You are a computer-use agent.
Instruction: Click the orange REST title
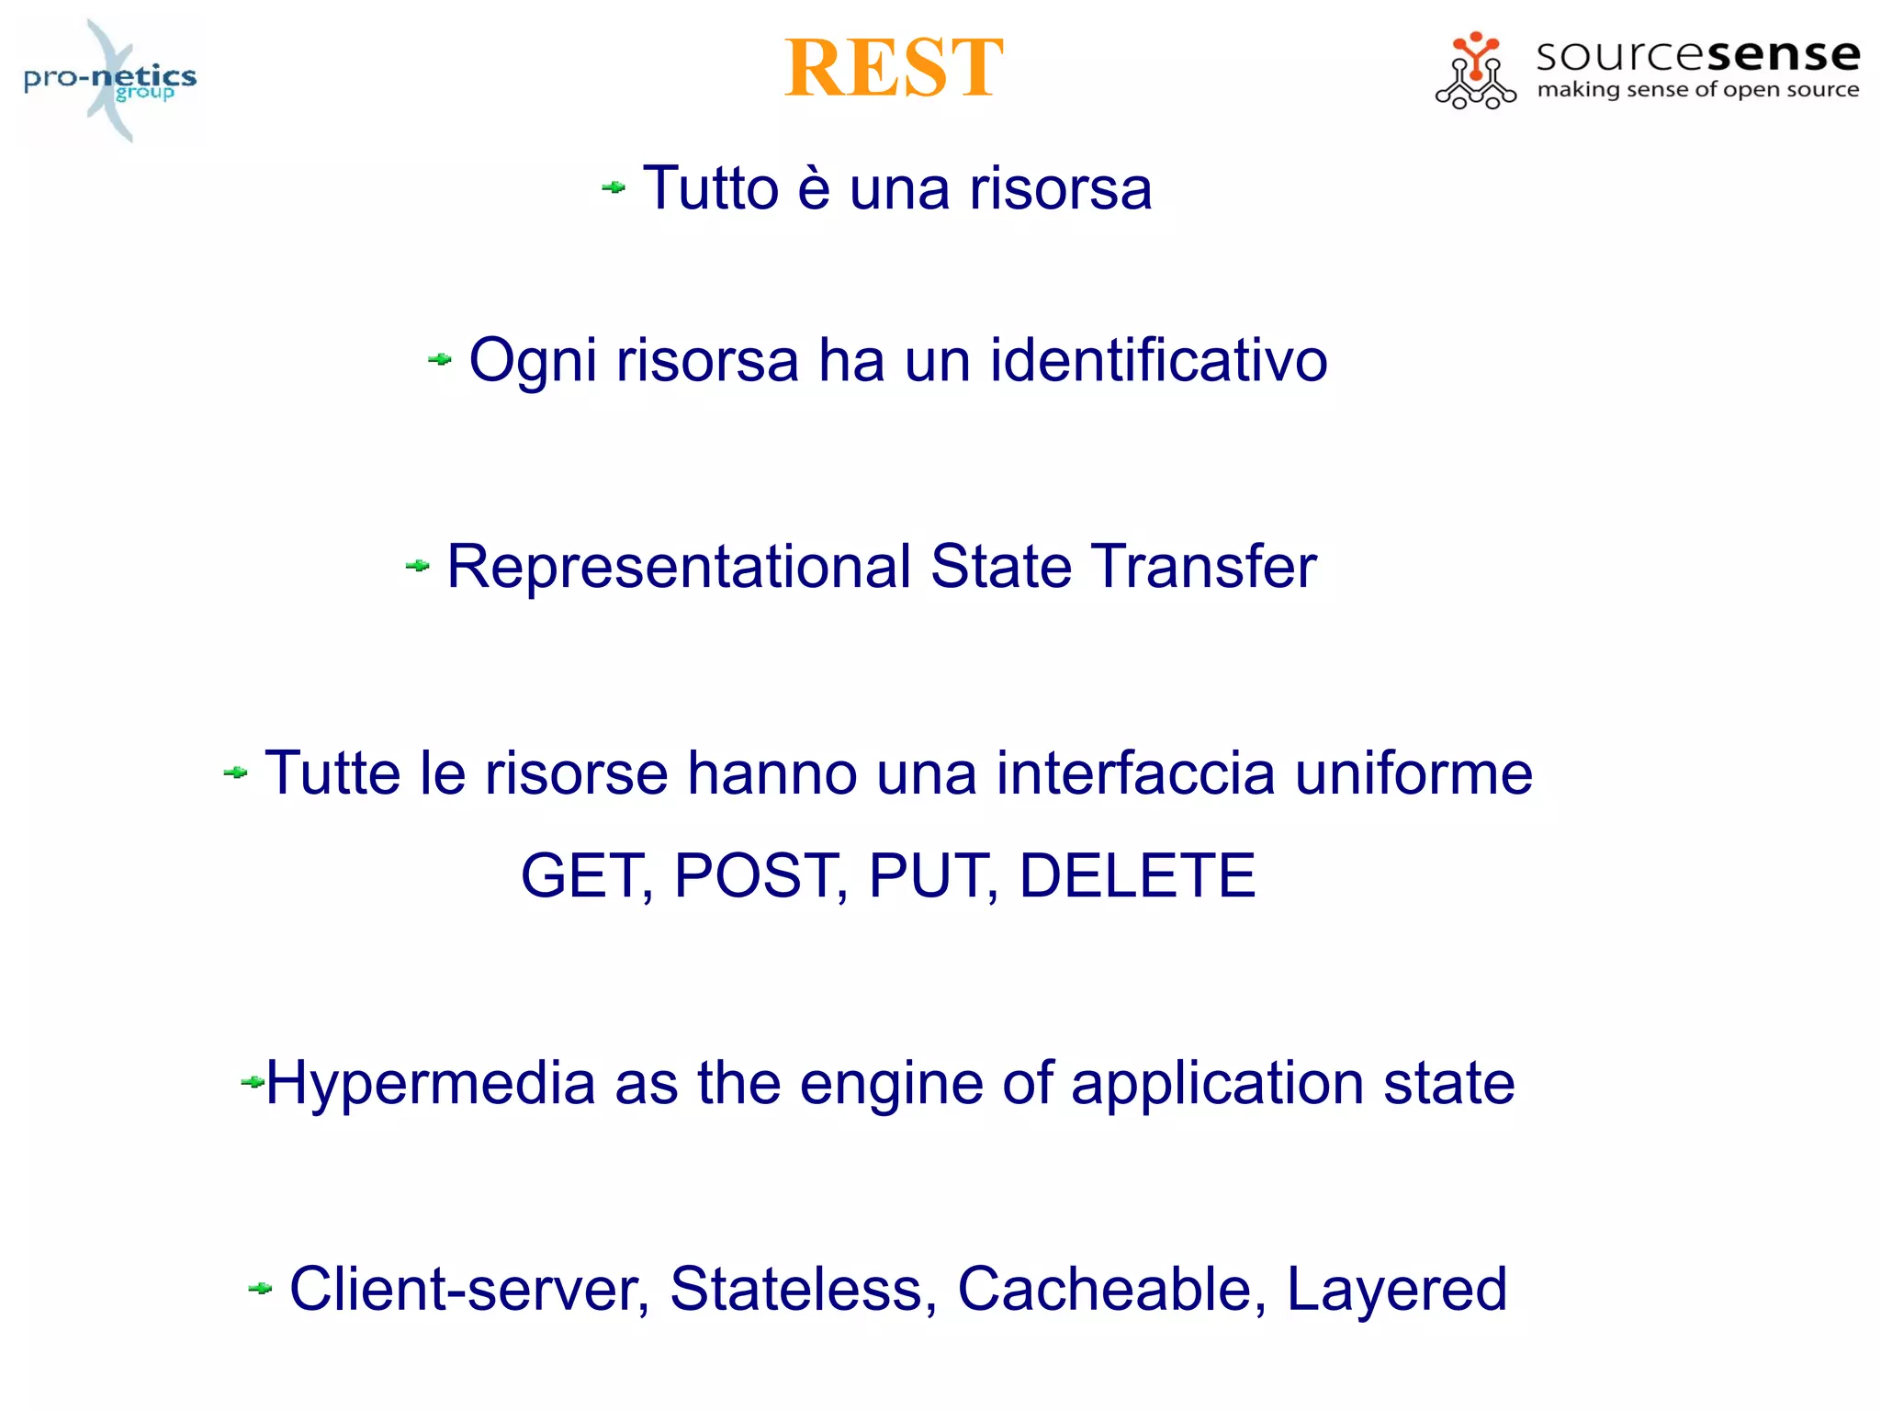(x=894, y=68)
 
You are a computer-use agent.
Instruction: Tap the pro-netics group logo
(x=110, y=81)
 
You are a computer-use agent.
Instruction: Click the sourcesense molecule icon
(x=1476, y=72)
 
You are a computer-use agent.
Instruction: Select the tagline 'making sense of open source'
(x=1697, y=90)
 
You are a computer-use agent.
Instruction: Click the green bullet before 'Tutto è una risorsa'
(x=614, y=188)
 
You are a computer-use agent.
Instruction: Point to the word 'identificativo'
(x=1158, y=360)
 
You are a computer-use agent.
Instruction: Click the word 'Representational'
(x=679, y=567)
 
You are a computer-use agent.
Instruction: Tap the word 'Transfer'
(x=1203, y=567)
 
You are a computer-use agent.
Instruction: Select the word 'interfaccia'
(x=1135, y=773)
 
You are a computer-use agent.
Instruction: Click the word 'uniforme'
(x=1414, y=773)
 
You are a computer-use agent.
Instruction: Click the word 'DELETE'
(x=1137, y=875)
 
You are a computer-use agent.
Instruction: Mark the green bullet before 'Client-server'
(x=260, y=1290)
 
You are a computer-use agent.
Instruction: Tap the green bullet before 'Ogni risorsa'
(x=440, y=360)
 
